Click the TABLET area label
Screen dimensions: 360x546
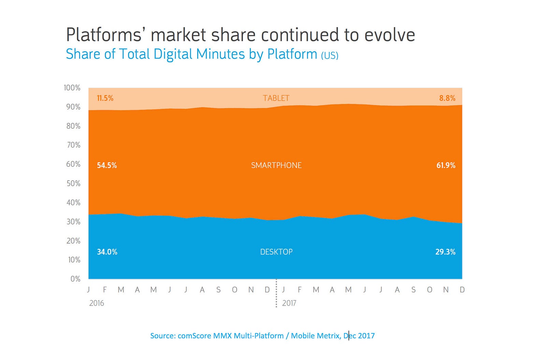coord(276,98)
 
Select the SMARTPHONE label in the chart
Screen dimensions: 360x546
coord(276,165)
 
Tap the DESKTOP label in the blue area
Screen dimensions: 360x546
coord(276,252)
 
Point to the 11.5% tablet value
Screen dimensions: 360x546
coord(105,98)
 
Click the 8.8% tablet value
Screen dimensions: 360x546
coord(447,98)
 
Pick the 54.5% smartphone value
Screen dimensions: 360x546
coord(107,165)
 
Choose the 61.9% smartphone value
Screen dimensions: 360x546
coord(446,165)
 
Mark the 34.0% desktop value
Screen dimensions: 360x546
coord(107,252)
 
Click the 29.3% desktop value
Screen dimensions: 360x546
coord(445,252)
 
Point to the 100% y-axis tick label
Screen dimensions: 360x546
coord(72,88)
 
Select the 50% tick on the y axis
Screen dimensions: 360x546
coord(73,184)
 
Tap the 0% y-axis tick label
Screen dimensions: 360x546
coord(75,279)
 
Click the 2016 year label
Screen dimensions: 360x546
coord(97,303)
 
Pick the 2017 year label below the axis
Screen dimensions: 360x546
coord(289,303)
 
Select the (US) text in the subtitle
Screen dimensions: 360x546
coord(330,55)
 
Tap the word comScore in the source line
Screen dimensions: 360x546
coord(194,336)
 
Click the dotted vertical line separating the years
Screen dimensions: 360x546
coord(276,297)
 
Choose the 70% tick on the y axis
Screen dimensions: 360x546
coord(73,145)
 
